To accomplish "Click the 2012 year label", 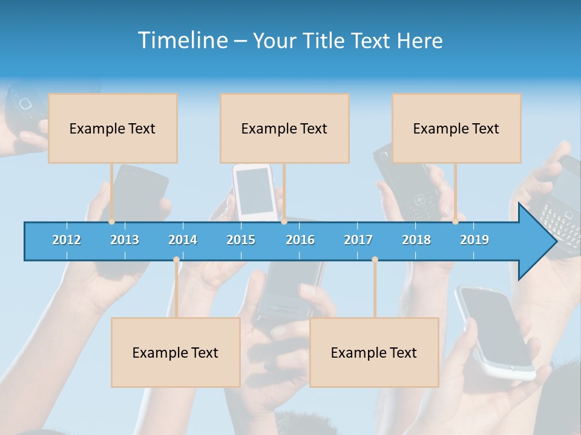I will (x=67, y=240).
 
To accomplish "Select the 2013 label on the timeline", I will (x=125, y=240).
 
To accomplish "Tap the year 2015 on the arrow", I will (x=241, y=240).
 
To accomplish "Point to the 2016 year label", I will (x=300, y=240).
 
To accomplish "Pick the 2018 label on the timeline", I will (x=416, y=240).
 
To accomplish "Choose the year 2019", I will (x=474, y=240).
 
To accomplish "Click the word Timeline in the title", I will (x=182, y=40).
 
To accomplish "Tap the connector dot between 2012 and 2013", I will (x=112, y=222).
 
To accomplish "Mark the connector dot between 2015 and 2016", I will (x=284, y=222).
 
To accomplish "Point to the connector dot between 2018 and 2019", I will (x=456, y=222).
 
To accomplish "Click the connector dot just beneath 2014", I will (x=176, y=260).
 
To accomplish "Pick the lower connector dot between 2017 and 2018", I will (x=375, y=260).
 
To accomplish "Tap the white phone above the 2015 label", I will (x=255, y=191).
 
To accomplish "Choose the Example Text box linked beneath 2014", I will (x=176, y=352).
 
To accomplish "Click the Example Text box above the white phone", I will (x=284, y=128).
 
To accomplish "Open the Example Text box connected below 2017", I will (x=374, y=352).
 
